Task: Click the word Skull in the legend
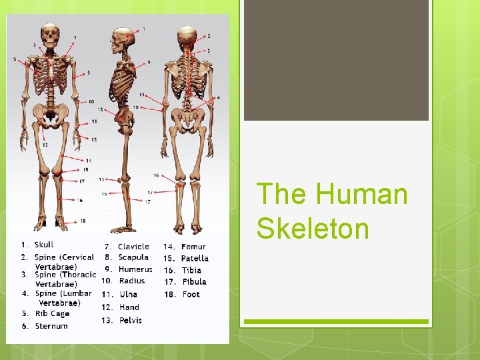(44, 245)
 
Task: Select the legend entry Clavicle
(133, 247)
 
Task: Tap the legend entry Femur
(193, 247)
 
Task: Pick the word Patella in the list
(195, 258)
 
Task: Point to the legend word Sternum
(51, 326)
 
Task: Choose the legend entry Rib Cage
(52, 313)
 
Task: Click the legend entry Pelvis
(131, 320)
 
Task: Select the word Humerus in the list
(135, 269)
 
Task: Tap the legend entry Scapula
(133, 257)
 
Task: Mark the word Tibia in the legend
(192, 270)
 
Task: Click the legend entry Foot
(191, 294)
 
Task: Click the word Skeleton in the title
(313, 228)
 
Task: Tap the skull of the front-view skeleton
(50, 34)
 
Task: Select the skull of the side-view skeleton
(123, 39)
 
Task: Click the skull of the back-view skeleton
(187, 36)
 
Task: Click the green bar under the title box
(336, 322)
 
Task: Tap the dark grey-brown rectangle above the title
(336, 60)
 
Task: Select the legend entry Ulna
(128, 294)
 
